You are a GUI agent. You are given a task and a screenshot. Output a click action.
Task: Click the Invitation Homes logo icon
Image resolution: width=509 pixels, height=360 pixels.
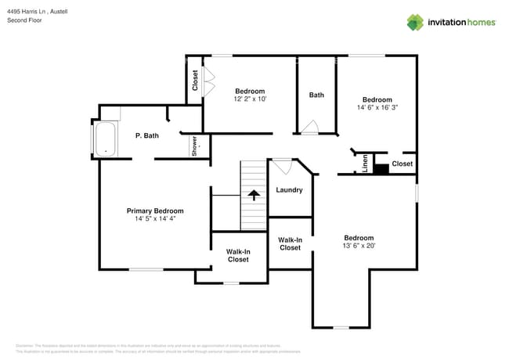(x=415, y=22)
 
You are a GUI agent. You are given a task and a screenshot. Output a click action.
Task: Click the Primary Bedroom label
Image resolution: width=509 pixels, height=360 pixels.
(x=155, y=211)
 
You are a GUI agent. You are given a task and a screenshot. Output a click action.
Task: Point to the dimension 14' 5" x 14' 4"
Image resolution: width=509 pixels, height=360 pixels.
(x=155, y=219)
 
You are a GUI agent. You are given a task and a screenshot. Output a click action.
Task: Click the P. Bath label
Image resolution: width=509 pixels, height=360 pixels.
(x=146, y=135)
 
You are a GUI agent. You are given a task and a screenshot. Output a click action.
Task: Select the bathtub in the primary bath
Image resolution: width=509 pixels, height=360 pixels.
(x=105, y=139)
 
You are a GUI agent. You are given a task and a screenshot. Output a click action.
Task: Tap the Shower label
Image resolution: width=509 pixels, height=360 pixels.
(x=194, y=146)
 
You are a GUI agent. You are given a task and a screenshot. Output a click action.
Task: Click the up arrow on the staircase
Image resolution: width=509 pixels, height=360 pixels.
(x=253, y=195)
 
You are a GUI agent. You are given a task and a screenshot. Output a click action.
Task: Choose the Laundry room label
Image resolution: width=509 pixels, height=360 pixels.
(x=289, y=189)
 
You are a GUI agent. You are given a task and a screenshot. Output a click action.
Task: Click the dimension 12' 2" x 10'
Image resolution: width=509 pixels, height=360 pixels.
(x=250, y=99)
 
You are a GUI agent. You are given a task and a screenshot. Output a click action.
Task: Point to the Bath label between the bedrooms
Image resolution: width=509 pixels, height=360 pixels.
(x=316, y=95)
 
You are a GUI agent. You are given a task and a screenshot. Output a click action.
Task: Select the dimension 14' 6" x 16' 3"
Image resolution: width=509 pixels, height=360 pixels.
(x=377, y=108)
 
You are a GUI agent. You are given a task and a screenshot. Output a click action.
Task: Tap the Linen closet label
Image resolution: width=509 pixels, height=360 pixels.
(x=365, y=164)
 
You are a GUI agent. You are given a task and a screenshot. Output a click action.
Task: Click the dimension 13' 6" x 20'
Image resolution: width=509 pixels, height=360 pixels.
(x=359, y=246)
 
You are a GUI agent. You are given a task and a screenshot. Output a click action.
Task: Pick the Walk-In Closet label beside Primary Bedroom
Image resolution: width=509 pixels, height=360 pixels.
(x=238, y=255)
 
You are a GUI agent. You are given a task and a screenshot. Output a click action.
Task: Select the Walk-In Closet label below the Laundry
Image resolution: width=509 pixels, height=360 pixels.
(x=290, y=243)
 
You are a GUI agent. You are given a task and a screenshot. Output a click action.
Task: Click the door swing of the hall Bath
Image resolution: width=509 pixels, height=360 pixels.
(x=311, y=127)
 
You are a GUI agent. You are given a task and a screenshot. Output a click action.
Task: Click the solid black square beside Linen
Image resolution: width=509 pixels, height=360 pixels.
(x=381, y=167)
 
